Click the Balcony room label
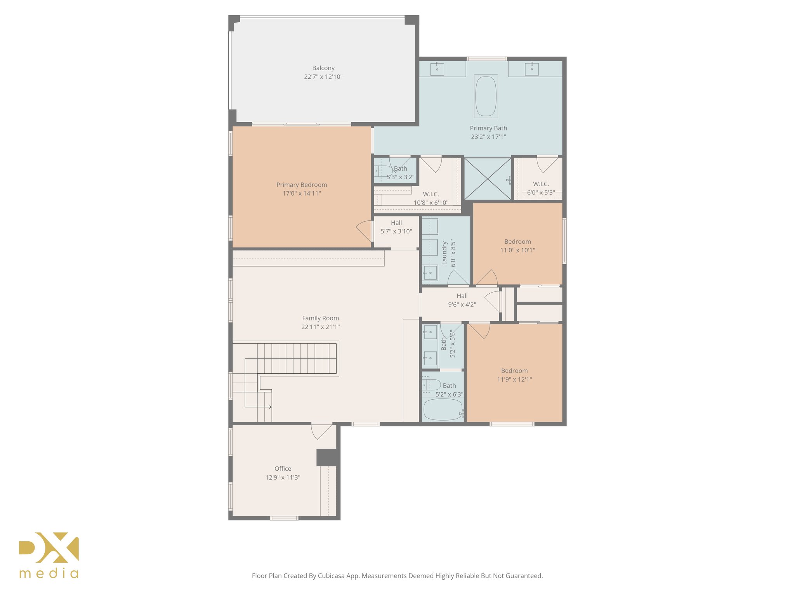pos(323,68)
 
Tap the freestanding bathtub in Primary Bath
pos(486,96)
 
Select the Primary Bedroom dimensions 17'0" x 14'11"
pos(302,194)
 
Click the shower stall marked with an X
pos(488,179)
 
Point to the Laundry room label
pos(445,253)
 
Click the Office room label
pos(283,469)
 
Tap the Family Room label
pos(320,318)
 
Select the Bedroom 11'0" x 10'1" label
pos(517,242)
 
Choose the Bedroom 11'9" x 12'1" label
pos(514,371)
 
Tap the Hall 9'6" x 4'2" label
pos(462,296)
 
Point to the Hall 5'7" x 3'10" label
pos(396,223)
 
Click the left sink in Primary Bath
pos(437,69)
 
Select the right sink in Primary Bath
pos(531,69)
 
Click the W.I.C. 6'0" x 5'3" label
pos(541,184)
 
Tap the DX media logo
pos(49,555)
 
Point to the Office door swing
pos(321,431)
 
